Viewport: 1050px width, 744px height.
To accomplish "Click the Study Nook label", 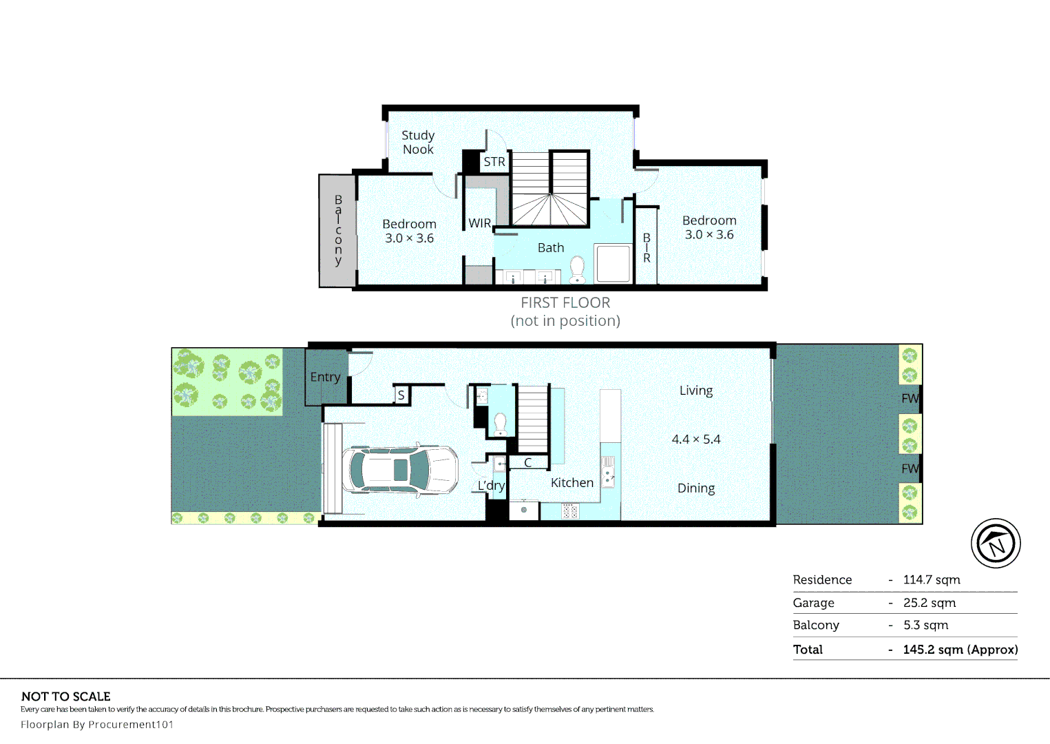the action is [418, 142].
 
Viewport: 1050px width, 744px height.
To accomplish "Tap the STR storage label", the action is [494, 162].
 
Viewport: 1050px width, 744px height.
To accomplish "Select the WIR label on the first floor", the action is [479, 223].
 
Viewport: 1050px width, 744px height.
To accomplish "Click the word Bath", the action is [551, 248].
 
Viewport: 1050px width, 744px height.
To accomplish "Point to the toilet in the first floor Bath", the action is [577, 270].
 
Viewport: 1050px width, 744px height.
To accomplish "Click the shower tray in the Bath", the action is [613, 264].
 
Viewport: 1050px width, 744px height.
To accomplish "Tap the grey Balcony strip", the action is [337, 230].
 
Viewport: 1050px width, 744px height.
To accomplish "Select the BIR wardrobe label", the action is [647, 248].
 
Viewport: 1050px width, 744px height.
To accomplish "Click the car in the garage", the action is [400, 469].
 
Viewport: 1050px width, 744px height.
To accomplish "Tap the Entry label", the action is [325, 377].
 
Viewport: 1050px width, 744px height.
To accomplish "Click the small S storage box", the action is [401, 395].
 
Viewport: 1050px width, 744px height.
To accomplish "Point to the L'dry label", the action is [491, 486].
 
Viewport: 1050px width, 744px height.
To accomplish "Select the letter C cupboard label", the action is [528, 463].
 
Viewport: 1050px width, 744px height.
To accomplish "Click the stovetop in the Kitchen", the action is [570, 511].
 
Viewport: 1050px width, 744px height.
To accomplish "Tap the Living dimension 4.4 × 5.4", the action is [696, 440].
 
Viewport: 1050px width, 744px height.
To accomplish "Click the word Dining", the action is [696, 488].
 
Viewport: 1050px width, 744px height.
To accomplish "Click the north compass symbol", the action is [996, 544].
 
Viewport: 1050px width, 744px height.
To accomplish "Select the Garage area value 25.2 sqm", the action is [930, 603].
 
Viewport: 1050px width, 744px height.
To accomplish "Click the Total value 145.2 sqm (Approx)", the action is [960, 650].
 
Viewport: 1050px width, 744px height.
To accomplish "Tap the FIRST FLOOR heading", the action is [565, 303].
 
